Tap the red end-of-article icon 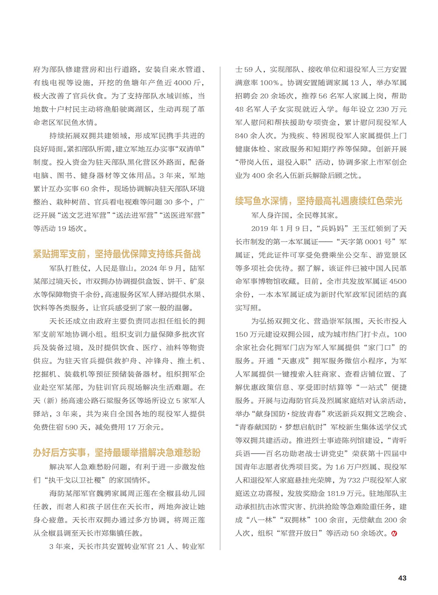(394, 533)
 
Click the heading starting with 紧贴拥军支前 (117, 254)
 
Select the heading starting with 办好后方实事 (117, 453)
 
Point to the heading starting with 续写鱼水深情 (318, 201)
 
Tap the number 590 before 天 (73, 427)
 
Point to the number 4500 (398, 282)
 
